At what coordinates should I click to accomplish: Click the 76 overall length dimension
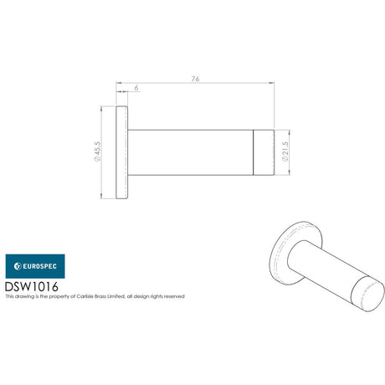pyautogui.click(x=195, y=79)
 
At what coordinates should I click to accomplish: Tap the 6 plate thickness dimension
pyautogui.click(x=136, y=88)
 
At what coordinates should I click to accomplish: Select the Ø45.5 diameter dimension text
pyautogui.click(x=97, y=151)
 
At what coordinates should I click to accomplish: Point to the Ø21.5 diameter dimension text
pyautogui.click(x=285, y=151)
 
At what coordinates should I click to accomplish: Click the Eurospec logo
pyautogui.click(x=35, y=266)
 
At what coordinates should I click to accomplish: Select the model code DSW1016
pyautogui.click(x=32, y=286)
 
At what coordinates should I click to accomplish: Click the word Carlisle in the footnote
pyautogui.click(x=84, y=296)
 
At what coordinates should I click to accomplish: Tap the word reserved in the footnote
pyautogui.click(x=174, y=296)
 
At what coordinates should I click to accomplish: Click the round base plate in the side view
pyautogui.click(x=122, y=152)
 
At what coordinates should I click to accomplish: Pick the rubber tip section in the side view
pyautogui.click(x=264, y=152)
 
